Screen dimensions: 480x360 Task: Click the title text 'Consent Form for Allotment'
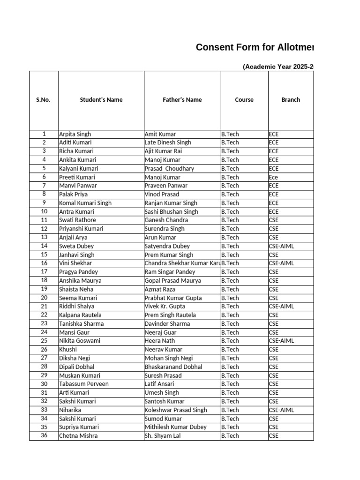255,47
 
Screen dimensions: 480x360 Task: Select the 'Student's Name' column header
101,100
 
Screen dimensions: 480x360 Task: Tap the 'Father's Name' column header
182,100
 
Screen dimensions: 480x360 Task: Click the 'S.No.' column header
44,100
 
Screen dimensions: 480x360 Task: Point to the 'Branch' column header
291,100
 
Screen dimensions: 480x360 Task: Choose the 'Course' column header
244,100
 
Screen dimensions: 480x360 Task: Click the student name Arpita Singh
75,134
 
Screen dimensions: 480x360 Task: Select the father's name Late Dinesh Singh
168,142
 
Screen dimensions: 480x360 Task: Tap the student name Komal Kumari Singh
85,203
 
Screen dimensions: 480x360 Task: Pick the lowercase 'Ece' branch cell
273,177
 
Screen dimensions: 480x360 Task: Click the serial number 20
44,298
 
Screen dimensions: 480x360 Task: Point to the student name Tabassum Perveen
83,384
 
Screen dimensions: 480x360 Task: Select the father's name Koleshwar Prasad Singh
176,410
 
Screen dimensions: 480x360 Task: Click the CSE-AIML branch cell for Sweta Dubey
281,246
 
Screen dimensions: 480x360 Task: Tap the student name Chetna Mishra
78,436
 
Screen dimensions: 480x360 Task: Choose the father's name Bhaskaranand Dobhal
172,367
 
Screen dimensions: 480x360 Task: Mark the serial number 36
44,435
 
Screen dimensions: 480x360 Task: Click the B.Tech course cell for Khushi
230,350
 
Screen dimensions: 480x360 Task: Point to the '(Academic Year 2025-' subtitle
277,67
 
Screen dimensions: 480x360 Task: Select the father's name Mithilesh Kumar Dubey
175,427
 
